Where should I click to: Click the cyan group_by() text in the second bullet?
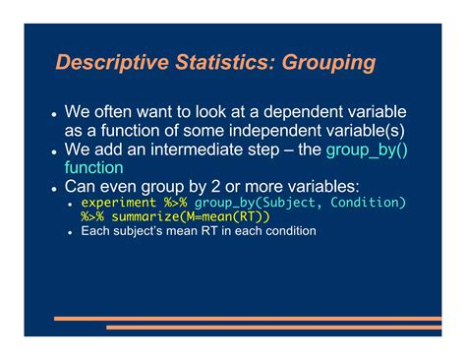click(366, 150)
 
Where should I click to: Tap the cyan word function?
click(94, 167)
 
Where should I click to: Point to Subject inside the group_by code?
click(287, 203)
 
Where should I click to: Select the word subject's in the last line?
click(142, 231)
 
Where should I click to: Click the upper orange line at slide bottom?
click(246, 319)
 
